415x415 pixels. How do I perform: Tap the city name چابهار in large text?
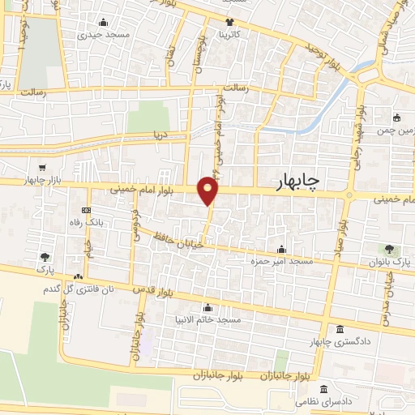[x=293, y=182]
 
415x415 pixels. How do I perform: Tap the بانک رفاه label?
[x=86, y=221]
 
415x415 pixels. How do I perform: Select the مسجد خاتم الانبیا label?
[x=212, y=319]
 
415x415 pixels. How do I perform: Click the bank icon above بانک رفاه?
[x=86, y=209]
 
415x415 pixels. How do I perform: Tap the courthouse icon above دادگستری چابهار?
[x=338, y=329]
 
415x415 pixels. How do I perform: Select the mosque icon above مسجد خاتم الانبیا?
[x=209, y=307]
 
